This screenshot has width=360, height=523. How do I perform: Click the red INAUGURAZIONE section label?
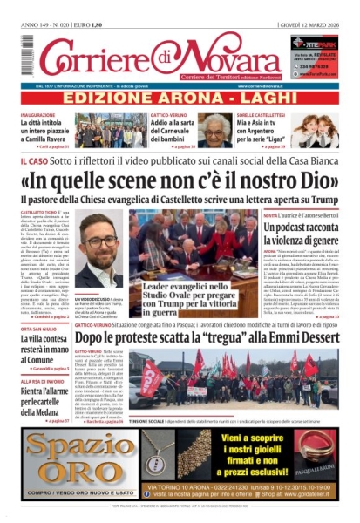(x=39, y=116)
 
